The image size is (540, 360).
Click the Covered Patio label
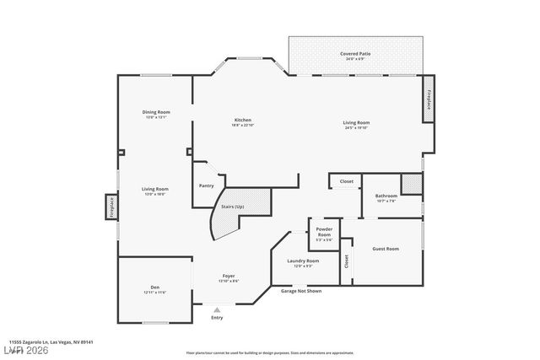tap(355, 56)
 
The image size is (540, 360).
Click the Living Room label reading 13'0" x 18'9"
tap(154, 191)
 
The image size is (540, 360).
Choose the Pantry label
tap(206, 185)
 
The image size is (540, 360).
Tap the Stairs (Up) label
tap(233, 207)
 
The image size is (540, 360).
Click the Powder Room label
tap(324, 232)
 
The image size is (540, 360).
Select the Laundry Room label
tap(301, 263)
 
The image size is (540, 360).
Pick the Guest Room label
tap(386, 249)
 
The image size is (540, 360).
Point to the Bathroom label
tap(386, 197)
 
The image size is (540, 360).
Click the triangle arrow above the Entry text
tap(217, 310)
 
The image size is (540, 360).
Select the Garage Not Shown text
tap(301, 291)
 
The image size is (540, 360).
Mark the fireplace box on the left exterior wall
tap(111, 207)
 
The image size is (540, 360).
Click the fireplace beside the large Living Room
tap(429, 99)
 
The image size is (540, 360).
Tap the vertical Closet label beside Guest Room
tap(346, 262)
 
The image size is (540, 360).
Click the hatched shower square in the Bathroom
tap(411, 184)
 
